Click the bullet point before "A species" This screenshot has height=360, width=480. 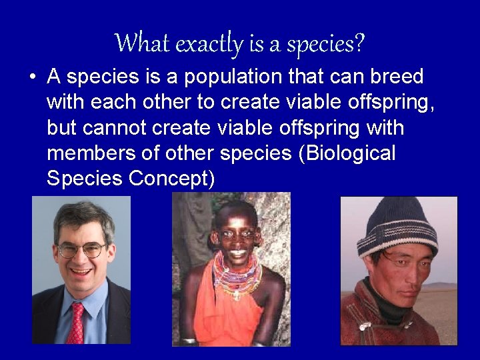[32, 77]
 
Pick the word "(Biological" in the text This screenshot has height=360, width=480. [347, 153]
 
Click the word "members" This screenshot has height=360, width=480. [89, 153]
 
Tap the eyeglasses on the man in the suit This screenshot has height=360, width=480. [81, 251]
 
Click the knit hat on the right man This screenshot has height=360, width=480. [397, 223]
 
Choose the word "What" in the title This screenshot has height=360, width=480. [137, 44]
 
